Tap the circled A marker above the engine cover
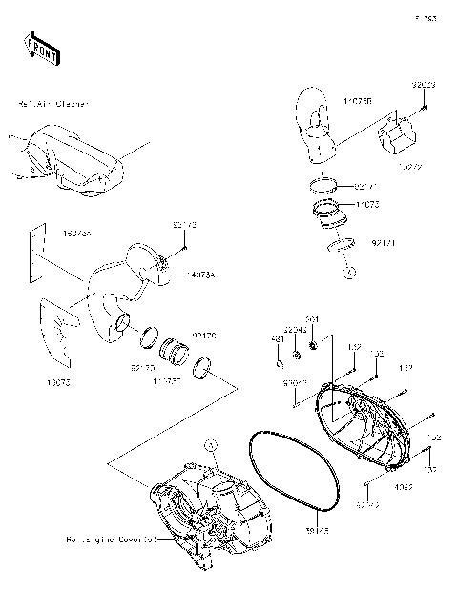[211, 444]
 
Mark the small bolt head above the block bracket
[423, 106]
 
